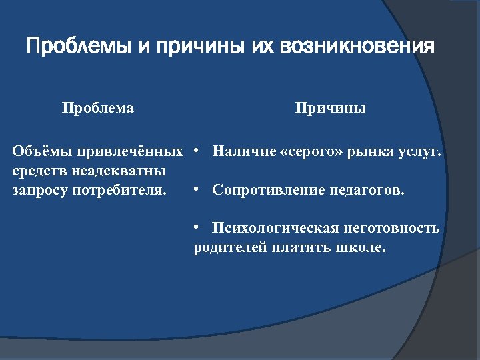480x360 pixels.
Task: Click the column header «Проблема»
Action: pos(98,108)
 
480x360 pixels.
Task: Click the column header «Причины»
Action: pos(331,108)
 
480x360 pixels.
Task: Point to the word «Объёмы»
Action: pos(42,151)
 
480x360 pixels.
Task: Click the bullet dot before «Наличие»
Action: pos(196,152)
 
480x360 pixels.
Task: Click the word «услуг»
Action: pos(421,151)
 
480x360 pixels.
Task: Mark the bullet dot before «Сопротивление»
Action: pos(196,191)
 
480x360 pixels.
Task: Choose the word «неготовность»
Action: pos(391,229)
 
